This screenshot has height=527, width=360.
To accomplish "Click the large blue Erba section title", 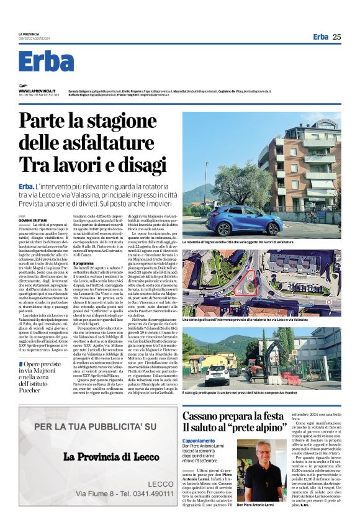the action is [x=47, y=61].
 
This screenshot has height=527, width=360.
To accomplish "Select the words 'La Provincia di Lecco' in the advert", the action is [x=103, y=457].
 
